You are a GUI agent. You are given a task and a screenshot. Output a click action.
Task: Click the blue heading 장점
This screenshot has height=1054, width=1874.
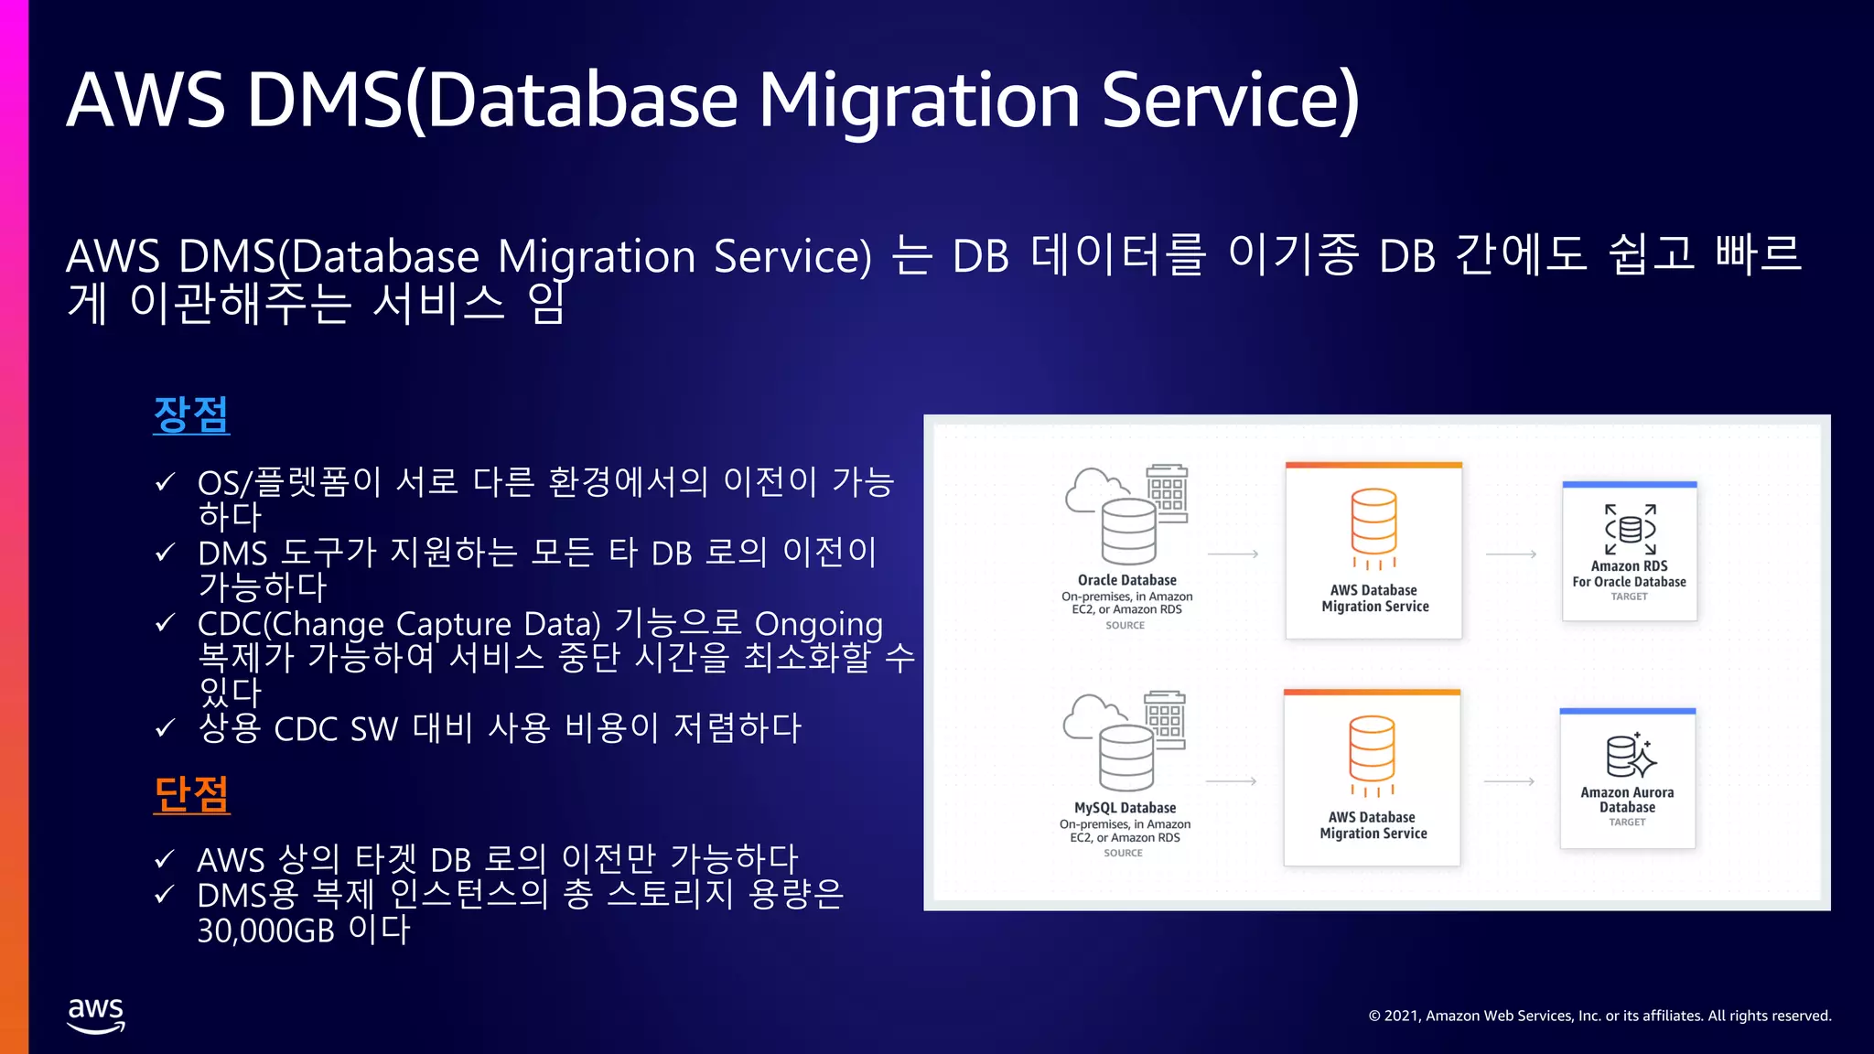tap(191, 414)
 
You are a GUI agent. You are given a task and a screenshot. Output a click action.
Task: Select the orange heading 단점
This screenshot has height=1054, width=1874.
tap(191, 794)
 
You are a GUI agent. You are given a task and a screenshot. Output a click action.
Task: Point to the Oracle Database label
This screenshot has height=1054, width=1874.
tap(1126, 580)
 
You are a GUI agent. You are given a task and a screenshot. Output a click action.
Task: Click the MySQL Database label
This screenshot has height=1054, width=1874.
tap(1125, 808)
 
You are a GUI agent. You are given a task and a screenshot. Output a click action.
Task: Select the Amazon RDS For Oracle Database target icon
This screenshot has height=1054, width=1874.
tap(1630, 529)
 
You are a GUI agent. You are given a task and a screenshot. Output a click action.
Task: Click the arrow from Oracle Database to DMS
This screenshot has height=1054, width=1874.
tap(1233, 554)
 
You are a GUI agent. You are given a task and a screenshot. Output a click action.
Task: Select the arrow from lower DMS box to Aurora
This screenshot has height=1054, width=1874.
tap(1509, 781)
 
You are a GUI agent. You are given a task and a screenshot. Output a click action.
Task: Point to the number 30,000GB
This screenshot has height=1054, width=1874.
tap(265, 930)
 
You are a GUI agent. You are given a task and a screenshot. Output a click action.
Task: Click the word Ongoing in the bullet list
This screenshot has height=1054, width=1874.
tap(818, 624)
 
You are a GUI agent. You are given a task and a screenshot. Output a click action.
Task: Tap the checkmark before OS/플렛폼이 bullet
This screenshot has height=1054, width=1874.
tap(165, 482)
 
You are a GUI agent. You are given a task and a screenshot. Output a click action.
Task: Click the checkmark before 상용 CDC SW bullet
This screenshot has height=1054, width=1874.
tap(165, 728)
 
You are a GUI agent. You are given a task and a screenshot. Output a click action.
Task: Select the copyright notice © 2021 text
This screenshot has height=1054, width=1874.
tap(1599, 1016)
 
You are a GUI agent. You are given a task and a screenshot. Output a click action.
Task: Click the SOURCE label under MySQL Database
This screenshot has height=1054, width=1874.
tap(1123, 853)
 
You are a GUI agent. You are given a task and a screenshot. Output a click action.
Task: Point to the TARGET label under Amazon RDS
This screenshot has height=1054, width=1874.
tap(1629, 597)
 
